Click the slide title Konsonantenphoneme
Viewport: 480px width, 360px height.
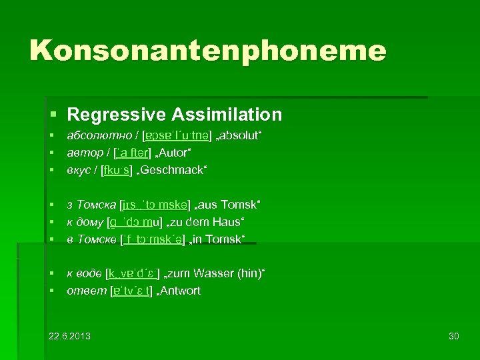[x=207, y=51]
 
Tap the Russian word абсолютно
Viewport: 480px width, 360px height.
[x=92, y=137]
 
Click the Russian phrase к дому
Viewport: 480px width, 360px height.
[x=85, y=221]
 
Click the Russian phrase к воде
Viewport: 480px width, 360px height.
[x=85, y=273]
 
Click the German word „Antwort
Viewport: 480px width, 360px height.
[x=178, y=291]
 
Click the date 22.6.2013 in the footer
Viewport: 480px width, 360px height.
[x=70, y=335]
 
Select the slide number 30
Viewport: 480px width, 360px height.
[x=454, y=335]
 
